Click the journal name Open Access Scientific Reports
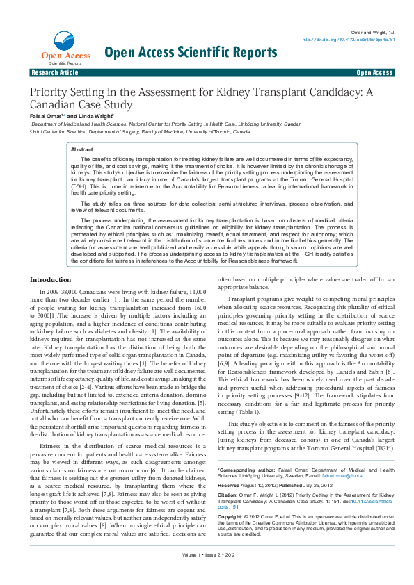pyautogui.click(x=190, y=52)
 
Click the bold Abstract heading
pyautogui.click(x=82, y=149)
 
